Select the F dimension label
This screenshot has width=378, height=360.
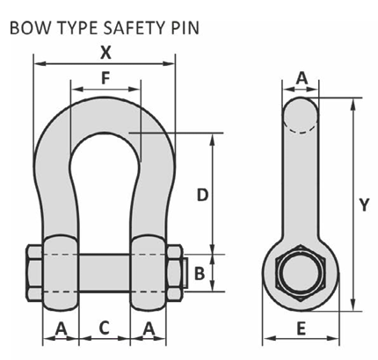(105, 77)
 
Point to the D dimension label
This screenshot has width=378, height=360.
(201, 195)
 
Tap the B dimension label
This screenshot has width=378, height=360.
(200, 273)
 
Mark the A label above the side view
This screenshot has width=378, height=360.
(302, 78)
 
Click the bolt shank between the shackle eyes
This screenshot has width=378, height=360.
(105, 273)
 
